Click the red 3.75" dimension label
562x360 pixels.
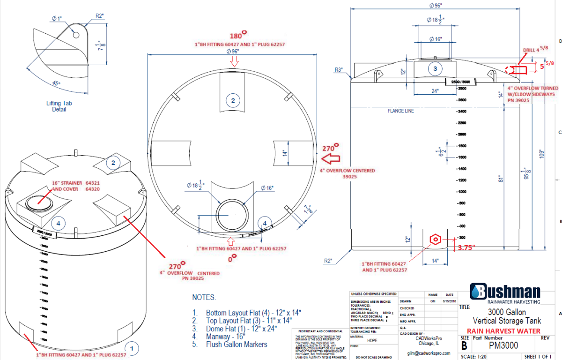[x=467, y=247]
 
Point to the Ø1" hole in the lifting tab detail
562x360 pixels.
[x=76, y=35]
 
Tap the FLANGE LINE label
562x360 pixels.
[x=400, y=111]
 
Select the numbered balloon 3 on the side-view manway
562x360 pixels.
[x=435, y=69]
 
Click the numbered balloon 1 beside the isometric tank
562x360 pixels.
[x=132, y=348]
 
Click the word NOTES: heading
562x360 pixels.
[x=204, y=298]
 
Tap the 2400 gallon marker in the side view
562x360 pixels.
[x=461, y=112]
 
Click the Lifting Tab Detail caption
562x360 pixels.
[x=59, y=106]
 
